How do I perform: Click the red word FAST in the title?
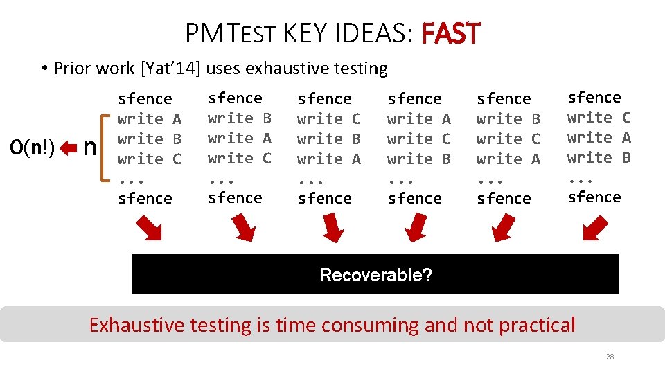click(x=450, y=33)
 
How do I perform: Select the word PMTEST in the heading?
click(x=230, y=33)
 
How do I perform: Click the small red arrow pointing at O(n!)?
click(x=67, y=148)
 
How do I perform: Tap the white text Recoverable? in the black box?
click(x=375, y=275)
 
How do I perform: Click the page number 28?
click(x=610, y=357)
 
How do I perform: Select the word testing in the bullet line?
click(x=360, y=69)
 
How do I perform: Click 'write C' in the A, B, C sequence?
click(x=150, y=159)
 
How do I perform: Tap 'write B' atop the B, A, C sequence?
click(x=240, y=118)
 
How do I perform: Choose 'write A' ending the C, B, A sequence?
click(x=329, y=159)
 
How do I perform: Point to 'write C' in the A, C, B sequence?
click(x=419, y=139)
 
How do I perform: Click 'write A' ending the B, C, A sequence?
click(x=508, y=159)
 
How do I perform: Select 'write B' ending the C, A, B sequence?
click(x=599, y=158)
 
